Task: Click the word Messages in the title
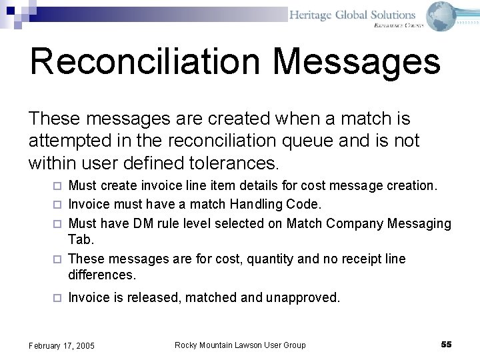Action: [356, 61]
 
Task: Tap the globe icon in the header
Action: [441, 16]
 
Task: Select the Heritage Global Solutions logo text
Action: [352, 15]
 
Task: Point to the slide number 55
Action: [446, 344]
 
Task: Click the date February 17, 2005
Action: [61, 345]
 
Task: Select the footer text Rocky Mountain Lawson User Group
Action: [240, 345]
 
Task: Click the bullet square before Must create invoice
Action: [58, 186]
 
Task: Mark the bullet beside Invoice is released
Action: [58, 298]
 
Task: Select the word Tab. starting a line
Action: [81, 239]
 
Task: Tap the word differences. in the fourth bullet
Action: [102, 275]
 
